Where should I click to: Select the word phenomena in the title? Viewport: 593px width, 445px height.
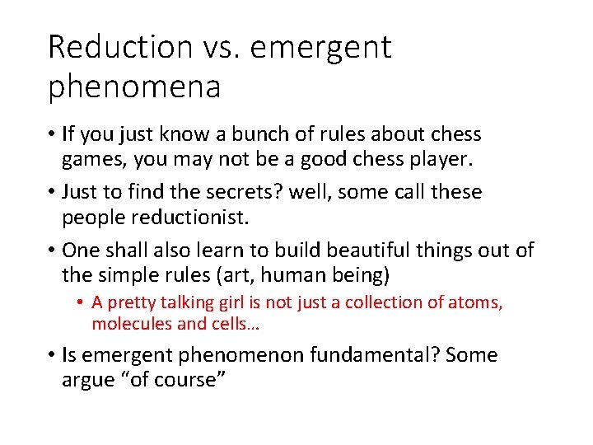[134, 87]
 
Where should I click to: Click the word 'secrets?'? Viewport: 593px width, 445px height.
[212, 192]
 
